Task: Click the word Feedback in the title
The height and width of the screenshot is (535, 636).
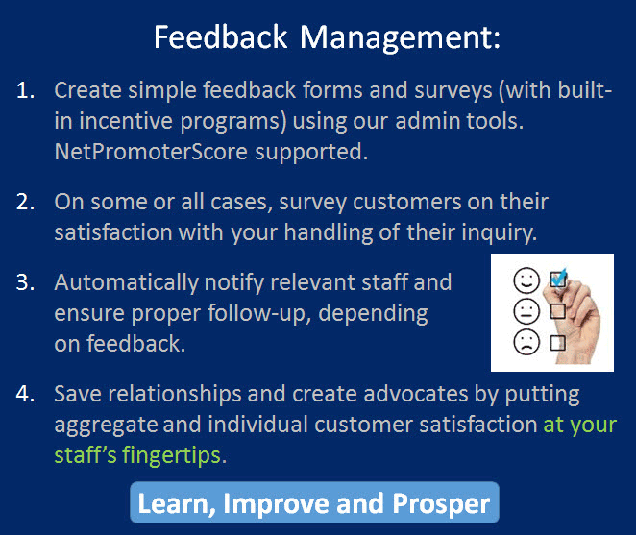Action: pos(221,37)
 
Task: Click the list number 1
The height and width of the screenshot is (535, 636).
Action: pos(25,90)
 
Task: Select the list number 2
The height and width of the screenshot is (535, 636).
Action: pos(25,202)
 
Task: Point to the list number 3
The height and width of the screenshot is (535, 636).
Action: pos(25,282)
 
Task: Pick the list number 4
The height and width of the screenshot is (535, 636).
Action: pos(25,394)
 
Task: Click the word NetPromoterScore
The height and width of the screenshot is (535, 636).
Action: pos(151,152)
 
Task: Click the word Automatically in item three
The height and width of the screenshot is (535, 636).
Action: pos(126,283)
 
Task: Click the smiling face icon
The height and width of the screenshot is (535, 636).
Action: pos(526,280)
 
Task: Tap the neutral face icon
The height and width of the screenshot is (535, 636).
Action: pos(526,311)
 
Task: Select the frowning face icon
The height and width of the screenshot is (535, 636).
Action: pos(526,342)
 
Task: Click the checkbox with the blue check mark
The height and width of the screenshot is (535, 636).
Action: pos(558,279)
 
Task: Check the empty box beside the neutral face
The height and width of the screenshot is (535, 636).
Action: pos(558,311)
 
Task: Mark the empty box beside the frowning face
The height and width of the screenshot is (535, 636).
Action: pos(558,342)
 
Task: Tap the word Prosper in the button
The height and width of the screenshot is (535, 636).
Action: pos(441,504)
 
